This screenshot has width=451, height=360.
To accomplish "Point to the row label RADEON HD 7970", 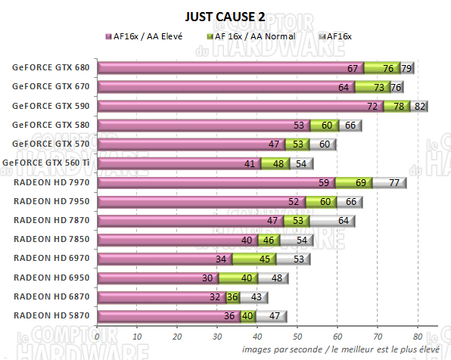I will [51, 182].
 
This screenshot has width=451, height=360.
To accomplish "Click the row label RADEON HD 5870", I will [51, 315].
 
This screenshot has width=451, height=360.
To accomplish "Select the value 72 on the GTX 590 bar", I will [372, 107].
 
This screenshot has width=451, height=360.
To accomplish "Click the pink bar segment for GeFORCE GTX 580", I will [197, 125].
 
